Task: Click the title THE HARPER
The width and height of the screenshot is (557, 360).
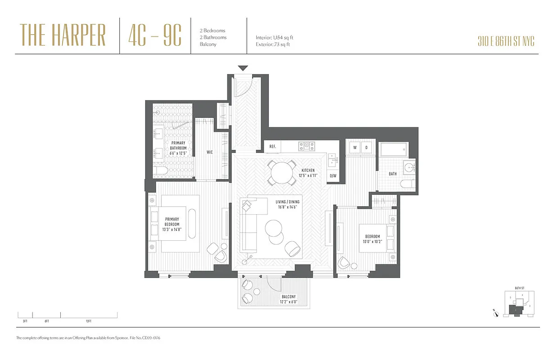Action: (63, 35)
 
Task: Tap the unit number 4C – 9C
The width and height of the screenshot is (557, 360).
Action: (154, 35)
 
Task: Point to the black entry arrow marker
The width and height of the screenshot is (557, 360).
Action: (243, 68)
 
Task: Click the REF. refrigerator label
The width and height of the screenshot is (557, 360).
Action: (272, 146)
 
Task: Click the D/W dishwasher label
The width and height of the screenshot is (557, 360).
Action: (333, 176)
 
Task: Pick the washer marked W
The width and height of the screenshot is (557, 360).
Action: (354, 147)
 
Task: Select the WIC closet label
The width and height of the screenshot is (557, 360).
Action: (209, 152)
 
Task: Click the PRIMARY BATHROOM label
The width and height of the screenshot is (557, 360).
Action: (178, 148)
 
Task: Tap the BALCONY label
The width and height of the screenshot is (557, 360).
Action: (289, 300)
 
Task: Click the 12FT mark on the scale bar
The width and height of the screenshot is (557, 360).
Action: (88, 321)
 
